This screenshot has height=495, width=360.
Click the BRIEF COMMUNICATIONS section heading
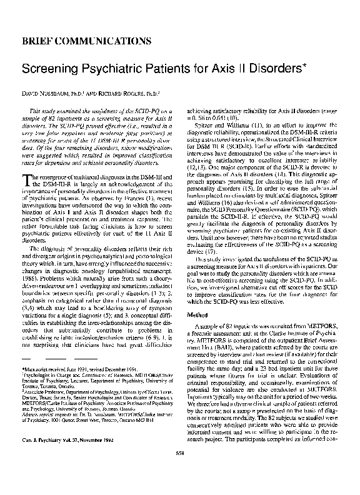[86, 41]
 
